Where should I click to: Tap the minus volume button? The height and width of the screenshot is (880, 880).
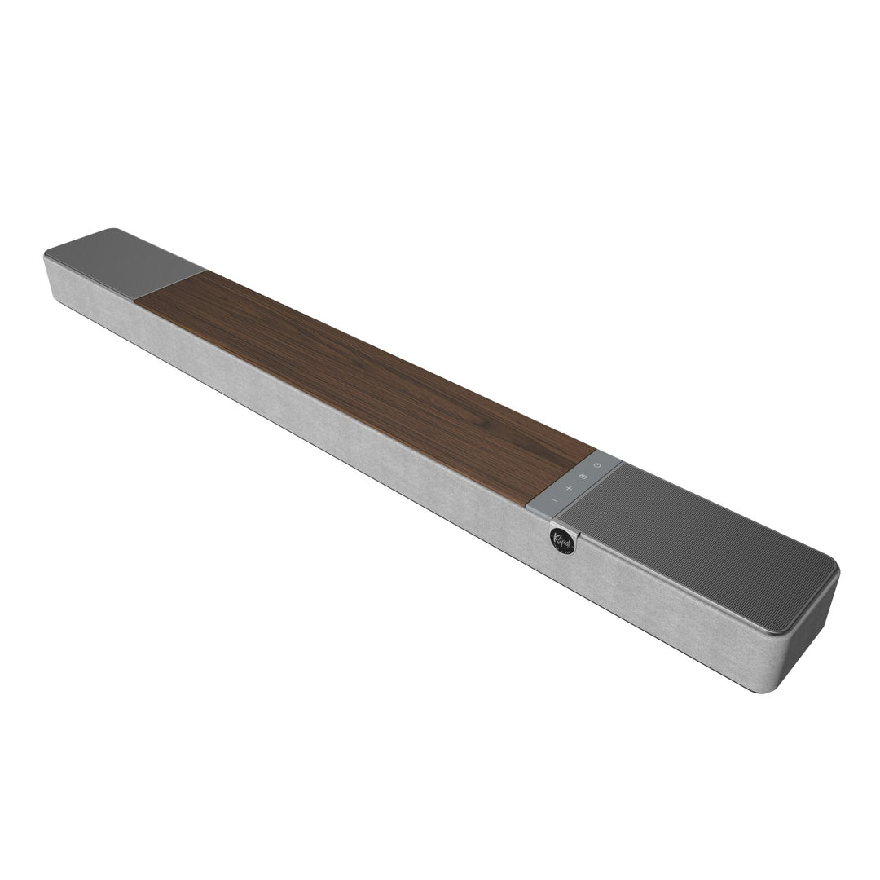(x=553, y=499)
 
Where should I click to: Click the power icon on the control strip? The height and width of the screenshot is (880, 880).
(x=597, y=465)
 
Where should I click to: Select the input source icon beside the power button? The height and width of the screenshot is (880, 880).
(x=583, y=476)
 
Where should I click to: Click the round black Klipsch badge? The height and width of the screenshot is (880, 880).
(x=562, y=540)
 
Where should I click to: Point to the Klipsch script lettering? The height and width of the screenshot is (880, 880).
(x=561, y=539)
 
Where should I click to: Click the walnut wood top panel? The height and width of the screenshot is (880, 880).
(x=367, y=375)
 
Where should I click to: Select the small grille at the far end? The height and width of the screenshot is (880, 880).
(x=122, y=260)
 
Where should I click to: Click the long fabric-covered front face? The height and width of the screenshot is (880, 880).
(x=326, y=424)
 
